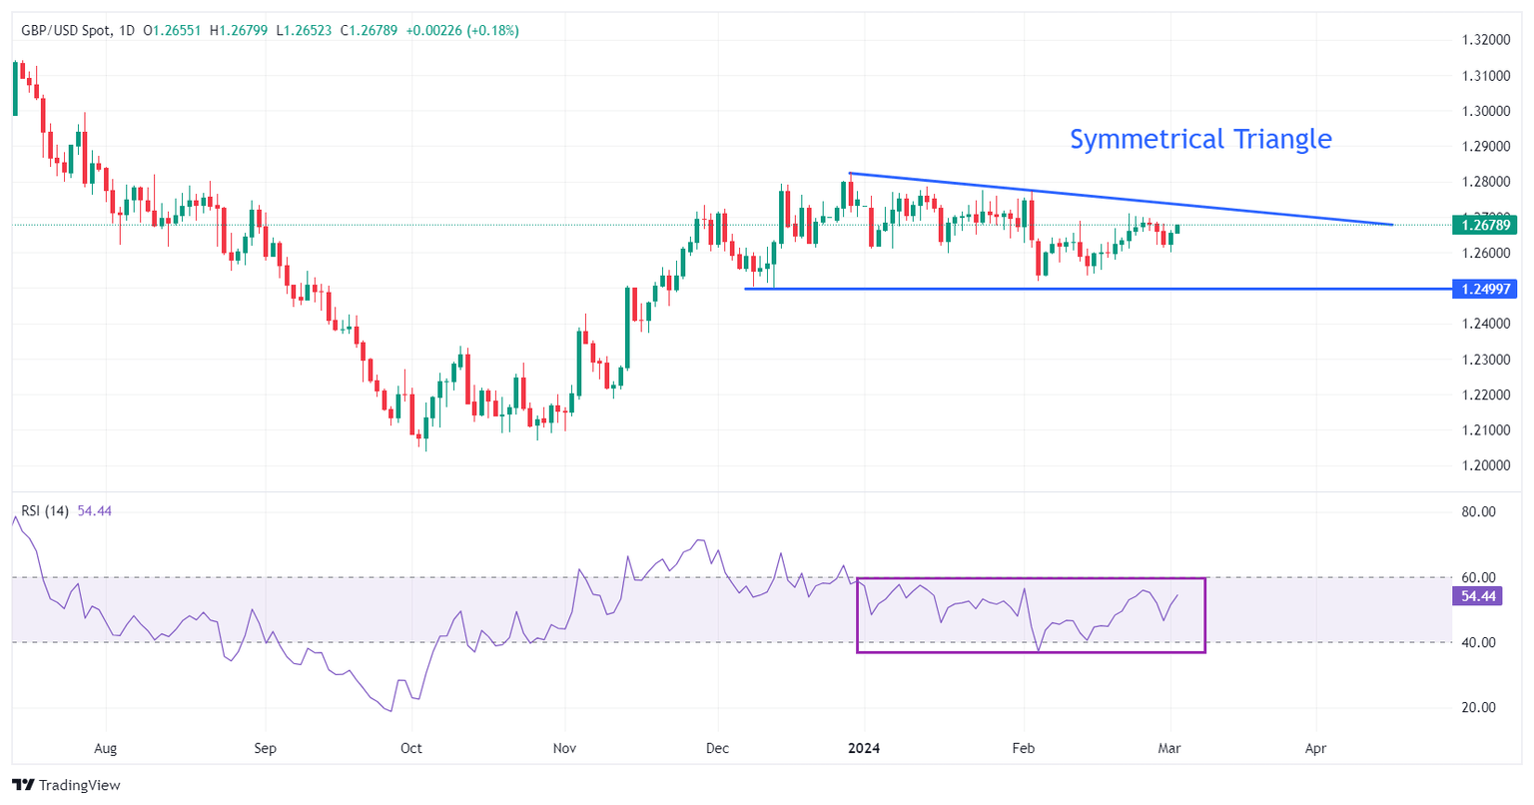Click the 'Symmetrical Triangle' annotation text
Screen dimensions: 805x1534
(1200, 139)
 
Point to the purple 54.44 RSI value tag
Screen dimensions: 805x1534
(1478, 596)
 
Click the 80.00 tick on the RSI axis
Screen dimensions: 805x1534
(1478, 511)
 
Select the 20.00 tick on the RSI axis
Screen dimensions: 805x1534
(1478, 707)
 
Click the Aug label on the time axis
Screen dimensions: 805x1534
(105, 748)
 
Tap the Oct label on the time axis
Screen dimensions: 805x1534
(410, 748)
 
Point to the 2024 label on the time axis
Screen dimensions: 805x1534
(863, 748)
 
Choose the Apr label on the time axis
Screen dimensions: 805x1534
(1315, 748)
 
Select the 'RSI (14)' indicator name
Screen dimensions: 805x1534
(45, 511)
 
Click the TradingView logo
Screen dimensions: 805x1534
(66, 785)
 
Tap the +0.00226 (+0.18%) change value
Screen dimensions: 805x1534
(462, 31)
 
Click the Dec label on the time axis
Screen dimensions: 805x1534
(716, 748)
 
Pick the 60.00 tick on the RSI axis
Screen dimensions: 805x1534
(1478, 577)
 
